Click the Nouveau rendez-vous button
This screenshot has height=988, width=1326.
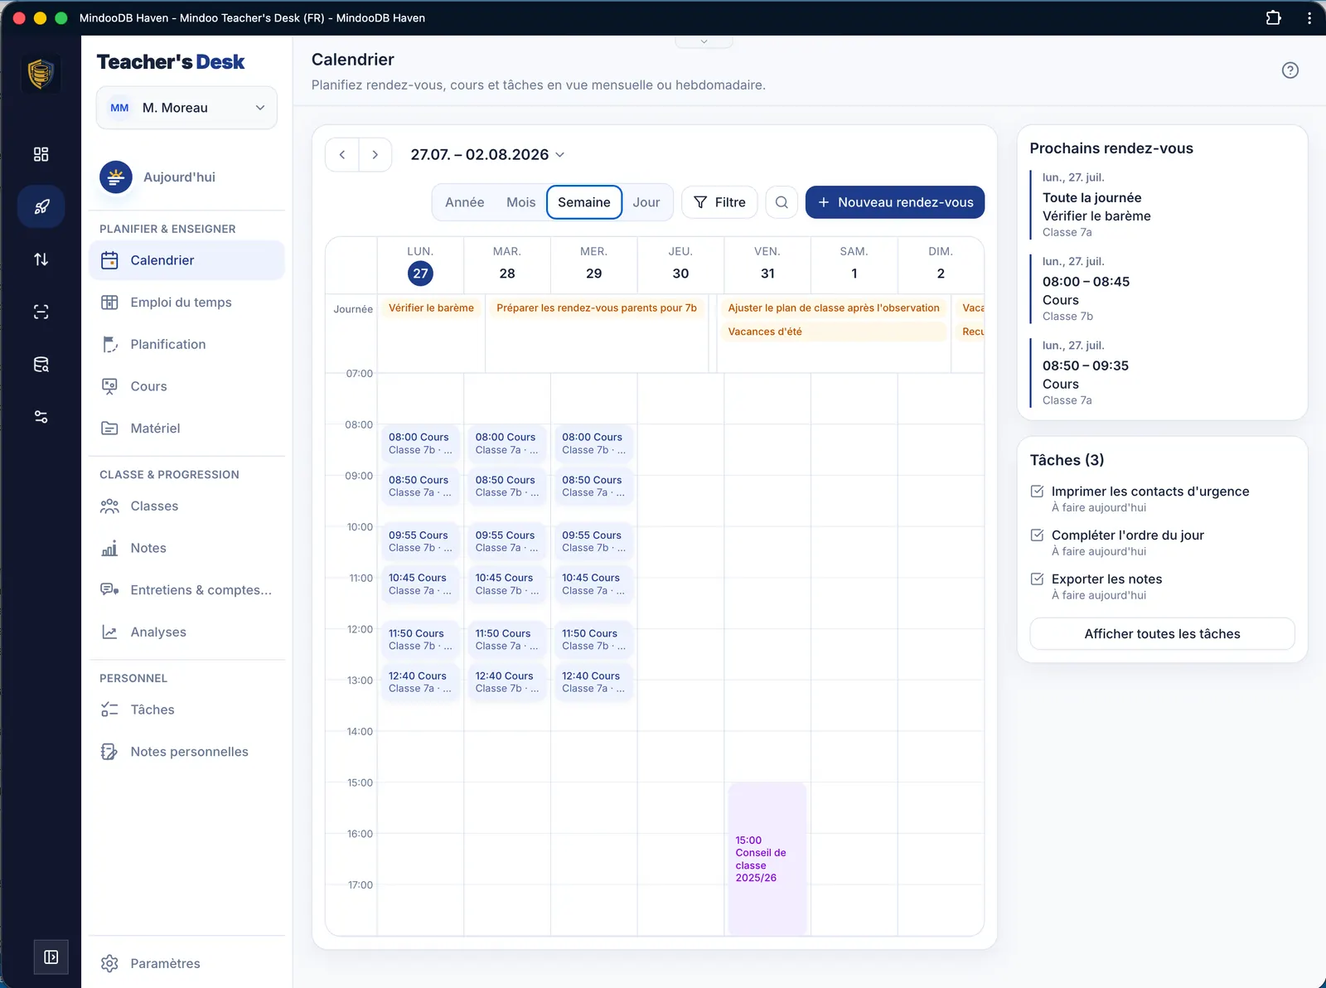894,202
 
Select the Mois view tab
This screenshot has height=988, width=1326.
520,202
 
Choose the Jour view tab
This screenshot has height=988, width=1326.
646,202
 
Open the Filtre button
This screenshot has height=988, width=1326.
719,202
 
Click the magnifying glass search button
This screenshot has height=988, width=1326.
782,202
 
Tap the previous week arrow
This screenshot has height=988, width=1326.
342,155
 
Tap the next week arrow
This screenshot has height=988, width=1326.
375,155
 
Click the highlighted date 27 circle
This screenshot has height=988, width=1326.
420,274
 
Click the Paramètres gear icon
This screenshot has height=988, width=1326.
109,963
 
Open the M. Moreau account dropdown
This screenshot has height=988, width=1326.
186,108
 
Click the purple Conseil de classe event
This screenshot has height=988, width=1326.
767,858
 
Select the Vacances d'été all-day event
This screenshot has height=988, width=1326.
834,332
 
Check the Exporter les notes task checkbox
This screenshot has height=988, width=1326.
1038,579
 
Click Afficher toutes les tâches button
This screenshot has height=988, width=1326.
1162,634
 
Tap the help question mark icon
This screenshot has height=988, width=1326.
1290,70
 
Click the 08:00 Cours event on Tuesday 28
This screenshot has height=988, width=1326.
506,443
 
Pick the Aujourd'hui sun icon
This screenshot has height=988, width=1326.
116,177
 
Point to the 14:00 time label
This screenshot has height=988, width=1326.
360,731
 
